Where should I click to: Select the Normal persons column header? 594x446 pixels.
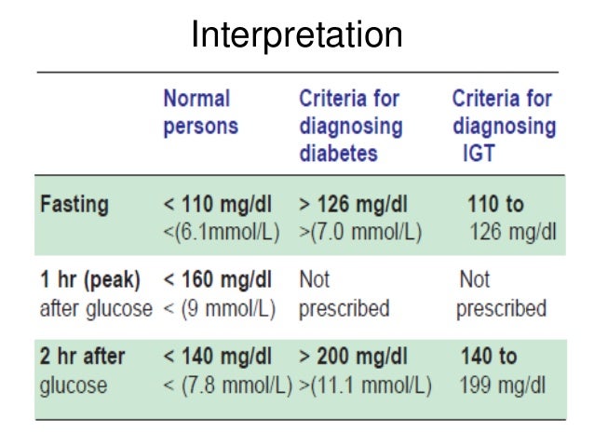[200, 112]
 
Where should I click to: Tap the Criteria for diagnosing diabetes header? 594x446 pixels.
[350, 125]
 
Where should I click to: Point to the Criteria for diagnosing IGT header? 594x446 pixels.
[503, 125]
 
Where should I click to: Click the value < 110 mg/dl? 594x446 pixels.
[218, 205]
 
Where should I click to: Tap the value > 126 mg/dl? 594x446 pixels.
[354, 205]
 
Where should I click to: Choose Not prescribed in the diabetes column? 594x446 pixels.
[344, 294]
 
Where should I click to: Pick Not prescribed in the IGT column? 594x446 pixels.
[501, 294]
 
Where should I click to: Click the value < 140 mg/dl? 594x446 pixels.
[218, 356]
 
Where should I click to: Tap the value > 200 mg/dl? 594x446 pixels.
[354, 356]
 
